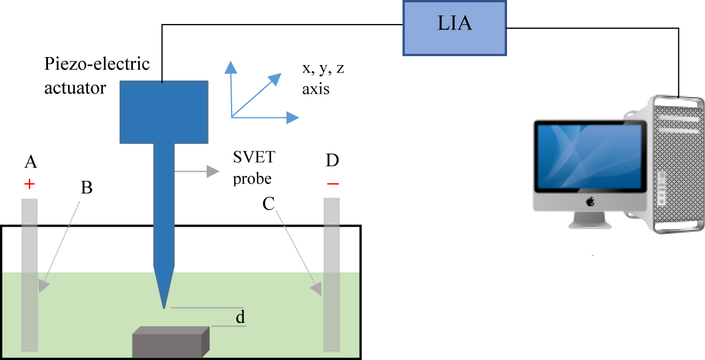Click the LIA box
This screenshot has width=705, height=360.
[454, 28]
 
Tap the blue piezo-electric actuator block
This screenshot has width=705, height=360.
[163, 112]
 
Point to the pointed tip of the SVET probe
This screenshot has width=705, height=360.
[163, 307]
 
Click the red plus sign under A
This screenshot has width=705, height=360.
[30, 185]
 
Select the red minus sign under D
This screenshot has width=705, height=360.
[332, 185]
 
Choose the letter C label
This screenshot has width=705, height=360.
[270, 203]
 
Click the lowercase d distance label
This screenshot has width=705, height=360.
[240, 318]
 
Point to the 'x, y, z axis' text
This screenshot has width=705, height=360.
[323, 79]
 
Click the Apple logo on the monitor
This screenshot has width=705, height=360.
[590, 201]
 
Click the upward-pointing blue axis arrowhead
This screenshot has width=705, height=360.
[231, 67]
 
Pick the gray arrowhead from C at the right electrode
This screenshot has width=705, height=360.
[316, 289]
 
